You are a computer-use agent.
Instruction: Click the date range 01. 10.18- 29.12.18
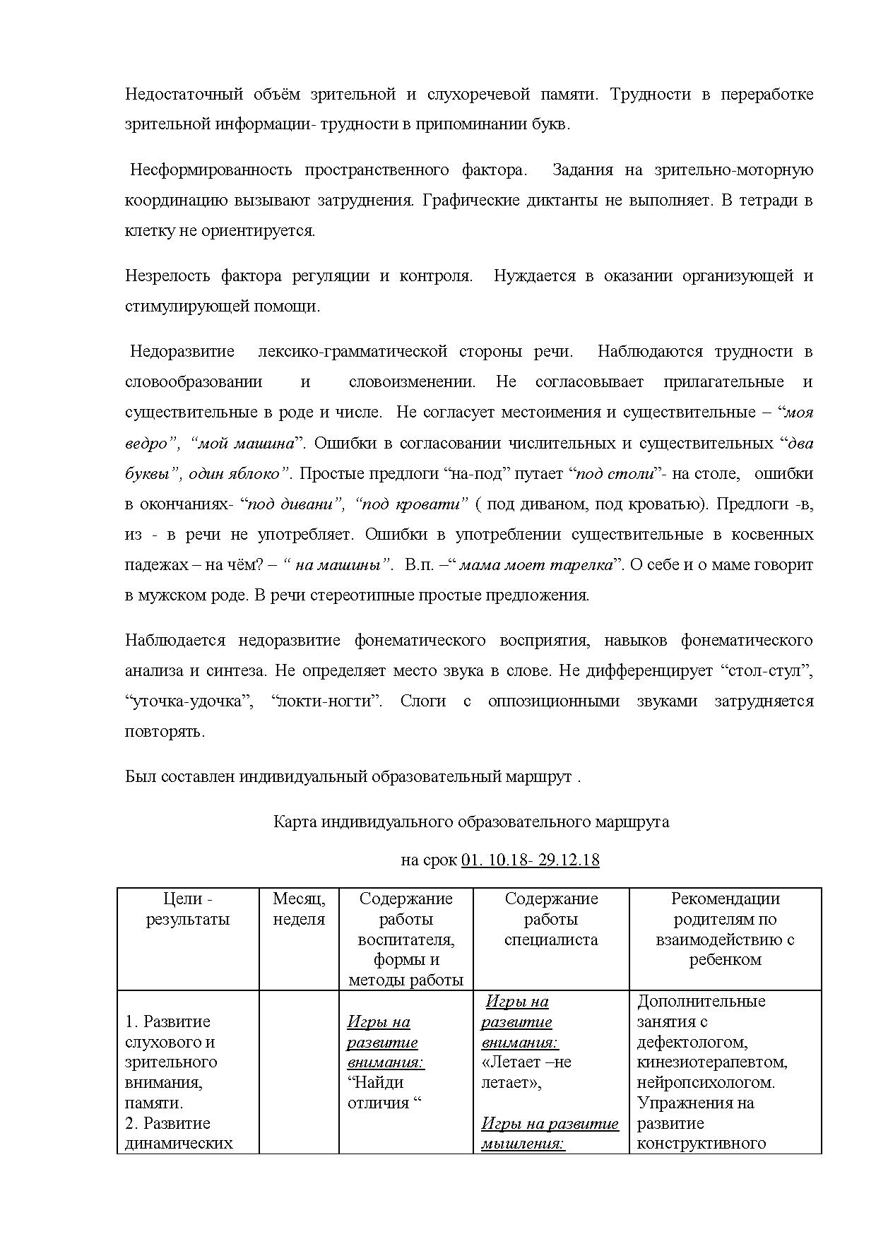(530, 860)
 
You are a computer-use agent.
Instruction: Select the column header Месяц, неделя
(299, 909)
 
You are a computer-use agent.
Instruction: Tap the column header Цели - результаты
(188, 909)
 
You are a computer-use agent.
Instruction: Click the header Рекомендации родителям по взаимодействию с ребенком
(725, 929)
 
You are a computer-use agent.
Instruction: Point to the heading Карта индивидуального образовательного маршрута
(471, 822)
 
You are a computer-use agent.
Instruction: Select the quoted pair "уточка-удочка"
(189, 701)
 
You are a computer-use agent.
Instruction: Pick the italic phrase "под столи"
(615, 473)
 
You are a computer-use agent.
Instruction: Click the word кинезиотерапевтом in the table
(711, 1062)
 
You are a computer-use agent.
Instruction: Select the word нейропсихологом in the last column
(705, 1082)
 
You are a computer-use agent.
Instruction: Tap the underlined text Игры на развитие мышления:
(550, 1133)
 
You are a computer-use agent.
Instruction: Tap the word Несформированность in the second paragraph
(211, 170)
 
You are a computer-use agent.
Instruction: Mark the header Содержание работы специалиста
(551, 919)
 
